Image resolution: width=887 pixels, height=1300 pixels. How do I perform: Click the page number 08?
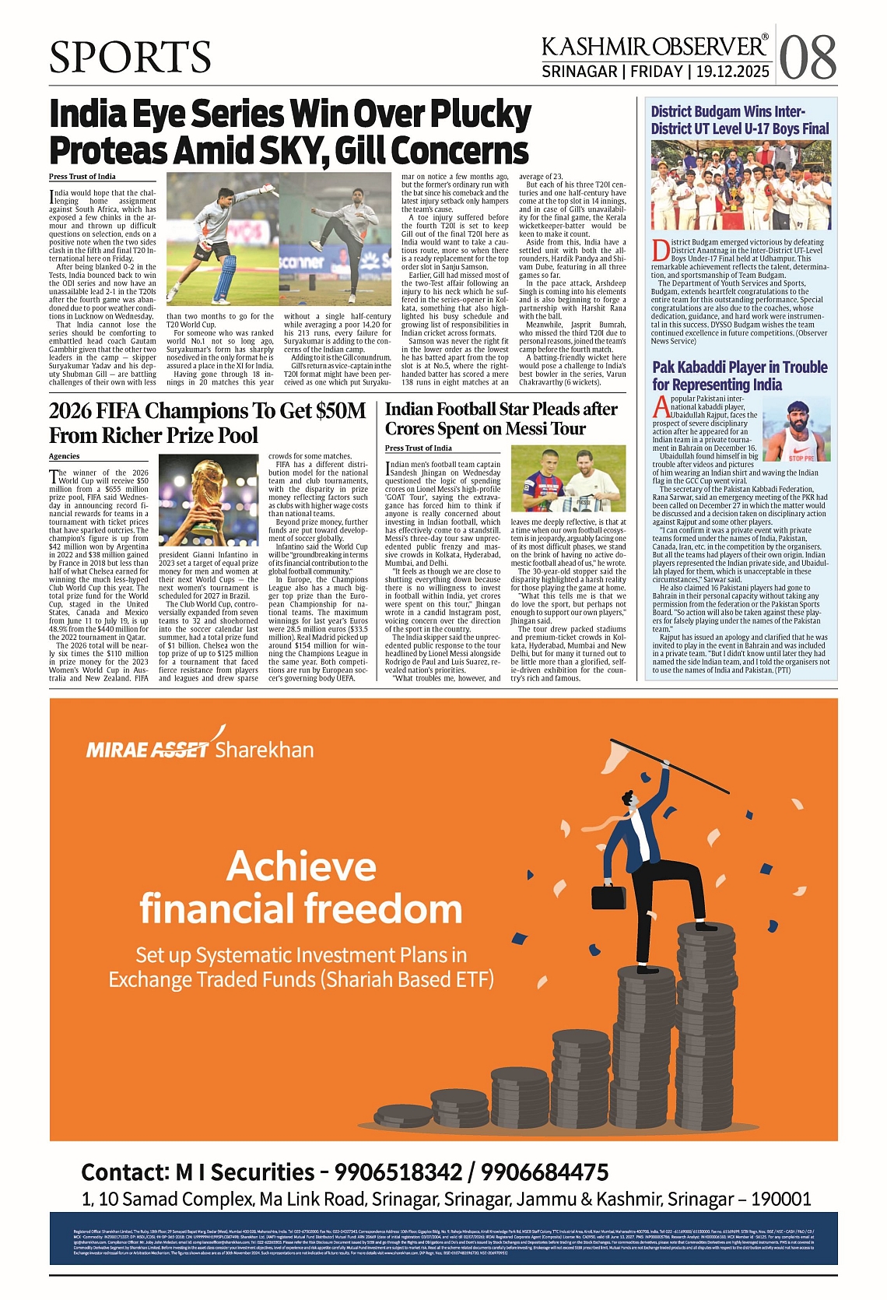pos(808,58)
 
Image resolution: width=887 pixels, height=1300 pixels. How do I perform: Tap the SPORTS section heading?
pos(130,57)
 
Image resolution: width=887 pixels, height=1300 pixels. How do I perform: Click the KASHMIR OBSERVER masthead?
pos(654,47)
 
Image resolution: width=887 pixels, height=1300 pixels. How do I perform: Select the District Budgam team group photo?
pos(740,185)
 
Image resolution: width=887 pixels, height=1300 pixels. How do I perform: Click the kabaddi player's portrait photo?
pos(797,431)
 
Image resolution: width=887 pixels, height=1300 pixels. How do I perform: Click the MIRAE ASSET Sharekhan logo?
pos(200,748)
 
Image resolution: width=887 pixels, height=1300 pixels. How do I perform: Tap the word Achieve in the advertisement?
pos(301,866)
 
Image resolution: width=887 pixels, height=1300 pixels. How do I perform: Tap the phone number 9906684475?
pos(545,1172)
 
